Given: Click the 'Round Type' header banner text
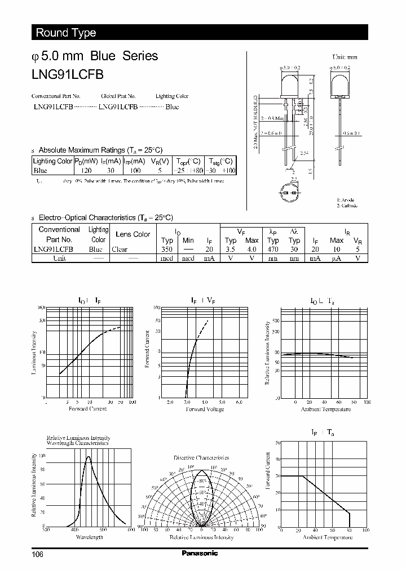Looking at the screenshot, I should point(66,33).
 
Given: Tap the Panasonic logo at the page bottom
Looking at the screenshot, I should point(200,554).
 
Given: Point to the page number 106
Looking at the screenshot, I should point(37,554).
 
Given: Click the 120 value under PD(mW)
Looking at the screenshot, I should point(86,170).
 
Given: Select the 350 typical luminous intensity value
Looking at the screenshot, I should point(166,249).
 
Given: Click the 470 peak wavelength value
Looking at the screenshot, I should point(273,249).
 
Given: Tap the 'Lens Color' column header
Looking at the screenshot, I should point(133,234).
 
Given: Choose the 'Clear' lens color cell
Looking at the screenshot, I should point(120,249).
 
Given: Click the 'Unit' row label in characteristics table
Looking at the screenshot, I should point(59,258).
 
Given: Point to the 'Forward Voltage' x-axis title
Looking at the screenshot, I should point(205,409).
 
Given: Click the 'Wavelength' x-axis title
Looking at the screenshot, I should point(89,537).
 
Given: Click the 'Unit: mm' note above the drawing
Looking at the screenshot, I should point(345,57).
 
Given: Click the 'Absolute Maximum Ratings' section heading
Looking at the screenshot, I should point(100,150).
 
